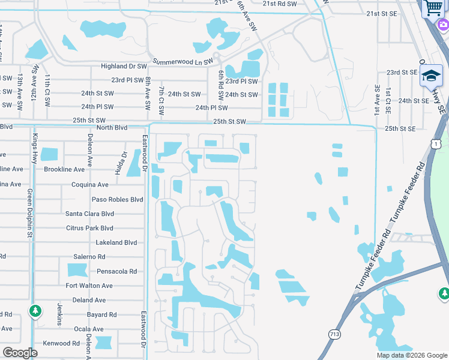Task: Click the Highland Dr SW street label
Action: coord(124,67)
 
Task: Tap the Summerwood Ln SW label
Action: coord(183,62)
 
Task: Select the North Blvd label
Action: coord(112,127)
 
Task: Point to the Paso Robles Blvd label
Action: coord(118,199)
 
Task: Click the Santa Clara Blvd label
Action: coord(89,214)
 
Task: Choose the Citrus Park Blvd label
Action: coord(89,228)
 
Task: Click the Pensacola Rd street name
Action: coord(117,271)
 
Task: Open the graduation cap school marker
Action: coord(431,76)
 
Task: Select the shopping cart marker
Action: coord(433,8)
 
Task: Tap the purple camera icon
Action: coord(444,25)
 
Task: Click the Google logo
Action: coord(20,353)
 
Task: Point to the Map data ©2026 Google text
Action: coord(412,355)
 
